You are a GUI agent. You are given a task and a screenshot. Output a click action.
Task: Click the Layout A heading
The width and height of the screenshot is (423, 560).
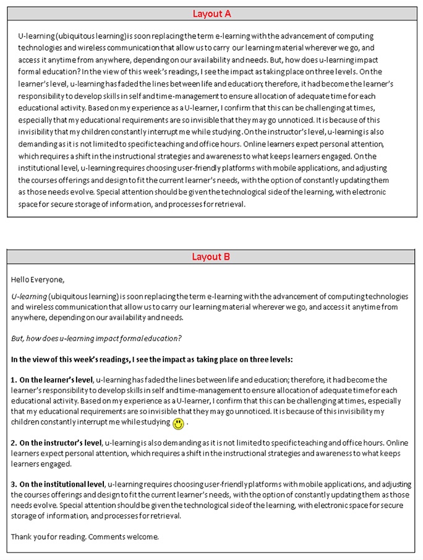click(x=211, y=14)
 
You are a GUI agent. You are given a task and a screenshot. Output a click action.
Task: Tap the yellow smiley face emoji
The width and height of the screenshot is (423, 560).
click(x=178, y=423)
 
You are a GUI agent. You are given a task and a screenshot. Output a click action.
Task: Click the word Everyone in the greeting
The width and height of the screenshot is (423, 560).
click(x=49, y=279)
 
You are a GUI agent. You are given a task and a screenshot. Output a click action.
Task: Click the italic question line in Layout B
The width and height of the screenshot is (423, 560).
click(x=96, y=338)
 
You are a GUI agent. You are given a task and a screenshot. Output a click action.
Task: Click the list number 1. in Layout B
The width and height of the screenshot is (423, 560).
click(x=14, y=380)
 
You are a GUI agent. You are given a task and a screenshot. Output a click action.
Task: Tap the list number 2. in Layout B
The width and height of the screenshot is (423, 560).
click(x=14, y=443)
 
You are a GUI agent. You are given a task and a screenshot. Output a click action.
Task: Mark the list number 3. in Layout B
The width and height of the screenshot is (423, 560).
click(x=14, y=485)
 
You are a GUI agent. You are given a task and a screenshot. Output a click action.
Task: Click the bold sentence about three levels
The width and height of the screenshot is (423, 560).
click(x=152, y=359)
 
